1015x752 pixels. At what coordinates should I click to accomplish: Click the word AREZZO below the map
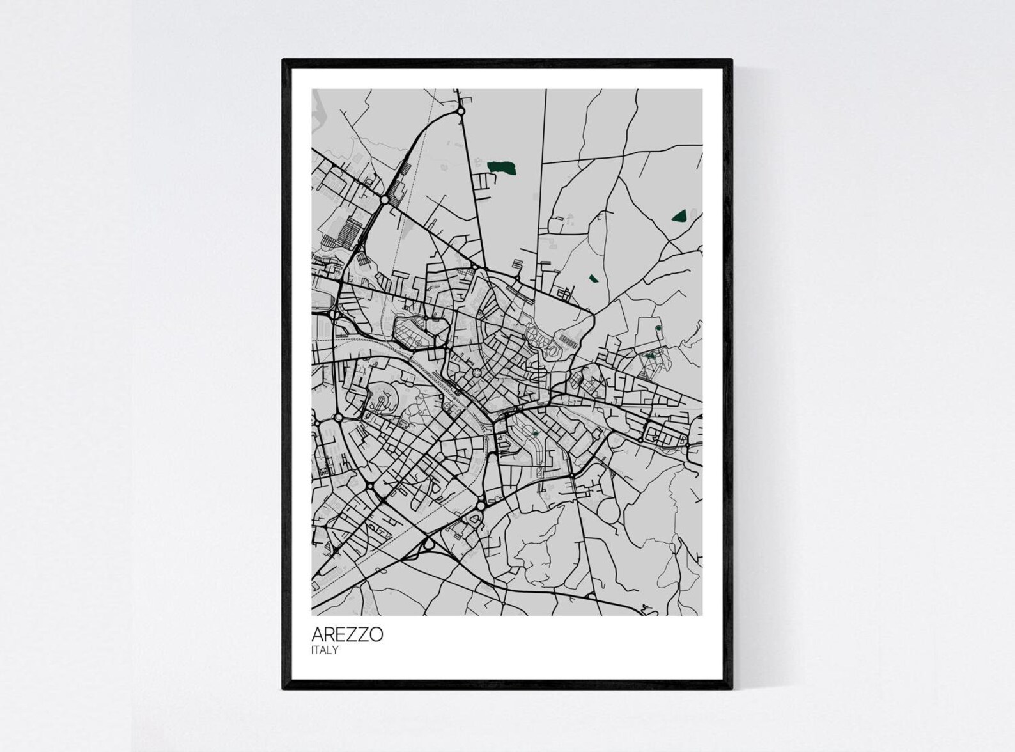pos(347,634)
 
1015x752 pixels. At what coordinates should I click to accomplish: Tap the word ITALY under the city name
pos(324,650)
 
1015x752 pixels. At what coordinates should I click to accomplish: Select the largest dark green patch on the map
pos(502,168)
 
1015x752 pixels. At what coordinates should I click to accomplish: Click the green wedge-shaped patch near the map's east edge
pos(678,215)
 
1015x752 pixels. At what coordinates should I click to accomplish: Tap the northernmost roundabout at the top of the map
pos(460,112)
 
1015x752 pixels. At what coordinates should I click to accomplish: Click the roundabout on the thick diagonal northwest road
pos(384,200)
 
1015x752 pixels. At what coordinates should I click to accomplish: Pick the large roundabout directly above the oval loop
pos(480,506)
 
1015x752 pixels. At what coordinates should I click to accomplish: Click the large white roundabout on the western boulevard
pos(338,417)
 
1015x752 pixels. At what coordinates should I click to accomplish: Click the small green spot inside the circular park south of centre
pos(535,434)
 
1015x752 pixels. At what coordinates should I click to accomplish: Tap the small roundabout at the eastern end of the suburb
pos(641,439)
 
